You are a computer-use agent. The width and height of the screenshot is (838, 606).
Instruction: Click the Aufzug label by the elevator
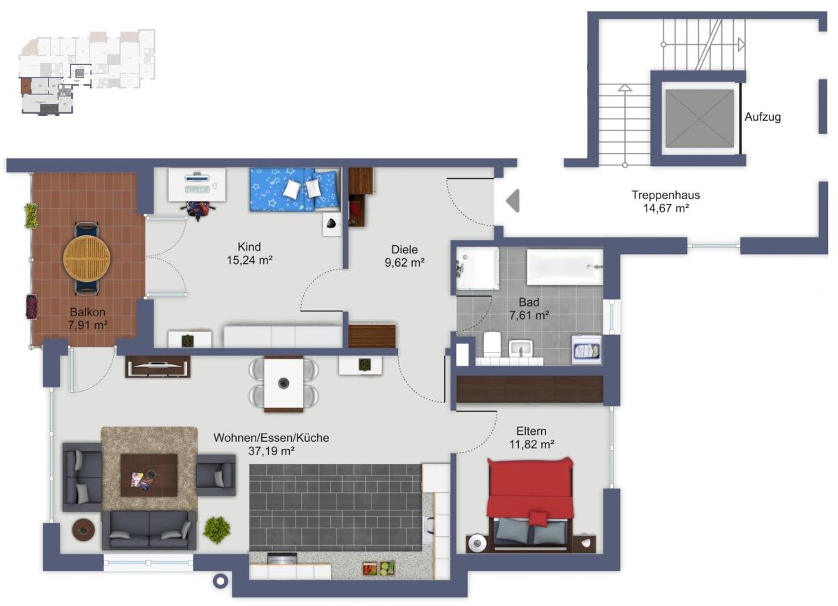point(763,117)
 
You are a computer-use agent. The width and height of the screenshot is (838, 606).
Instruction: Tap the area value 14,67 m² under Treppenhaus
point(666,208)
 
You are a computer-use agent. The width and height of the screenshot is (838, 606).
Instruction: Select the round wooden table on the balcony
point(87,258)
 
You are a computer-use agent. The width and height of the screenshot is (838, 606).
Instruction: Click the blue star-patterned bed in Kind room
point(295,189)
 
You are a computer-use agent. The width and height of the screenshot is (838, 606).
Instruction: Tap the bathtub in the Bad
point(565,267)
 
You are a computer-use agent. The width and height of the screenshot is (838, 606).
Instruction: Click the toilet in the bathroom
point(492,344)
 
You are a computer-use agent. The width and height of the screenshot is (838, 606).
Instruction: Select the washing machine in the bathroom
point(587,349)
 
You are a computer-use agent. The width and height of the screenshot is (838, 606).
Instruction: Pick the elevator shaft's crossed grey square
point(700,119)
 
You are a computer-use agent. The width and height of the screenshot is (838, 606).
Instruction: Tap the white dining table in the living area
point(284,383)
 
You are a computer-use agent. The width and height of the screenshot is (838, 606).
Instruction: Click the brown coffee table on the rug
point(149,475)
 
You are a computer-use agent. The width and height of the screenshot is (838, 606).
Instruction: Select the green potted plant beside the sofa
point(216,530)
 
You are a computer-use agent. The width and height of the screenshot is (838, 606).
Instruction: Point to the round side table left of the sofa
point(83,529)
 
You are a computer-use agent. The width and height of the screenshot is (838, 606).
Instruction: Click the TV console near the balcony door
point(158,367)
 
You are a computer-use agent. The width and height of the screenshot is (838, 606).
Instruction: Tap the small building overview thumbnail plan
point(87,71)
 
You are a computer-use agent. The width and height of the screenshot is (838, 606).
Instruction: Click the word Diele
point(404,249)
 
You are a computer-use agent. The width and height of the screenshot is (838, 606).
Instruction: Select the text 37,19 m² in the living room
point(271,451)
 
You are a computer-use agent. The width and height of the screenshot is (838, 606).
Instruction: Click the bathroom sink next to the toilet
point(521,348)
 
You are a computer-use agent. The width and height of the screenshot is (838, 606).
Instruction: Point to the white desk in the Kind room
point(197,185)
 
